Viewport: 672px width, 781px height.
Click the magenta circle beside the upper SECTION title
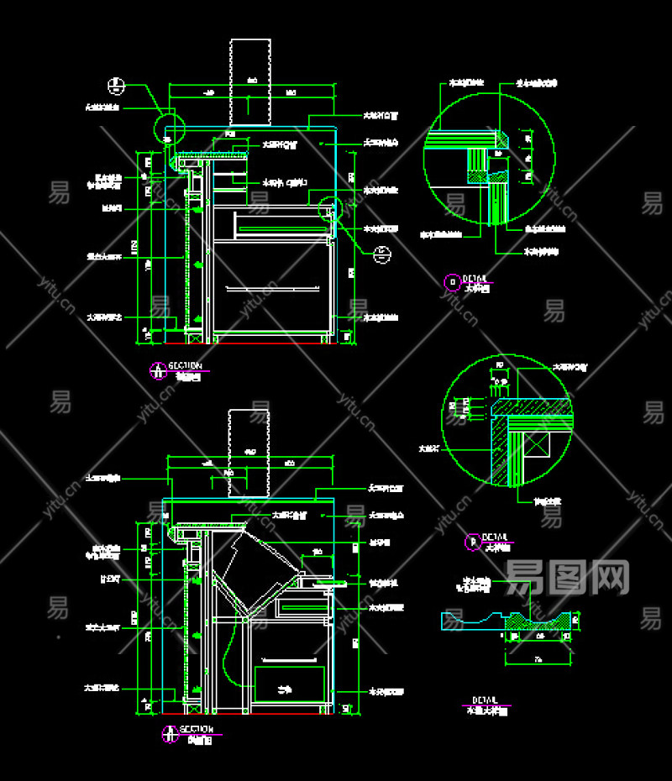tap(157, 370)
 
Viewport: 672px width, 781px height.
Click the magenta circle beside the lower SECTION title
tap(170, 733)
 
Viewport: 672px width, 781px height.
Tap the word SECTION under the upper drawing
tap(185, 365)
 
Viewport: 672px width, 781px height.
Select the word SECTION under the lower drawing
tap(197, 729)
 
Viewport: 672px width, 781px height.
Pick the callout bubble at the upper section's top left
tap(117, 85)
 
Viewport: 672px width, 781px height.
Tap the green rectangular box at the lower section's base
tap(290, 684)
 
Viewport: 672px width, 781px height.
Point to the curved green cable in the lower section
tap(228, 655)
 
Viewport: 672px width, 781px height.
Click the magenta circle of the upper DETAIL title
tap(452, 281)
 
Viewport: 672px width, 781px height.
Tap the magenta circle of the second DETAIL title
tap(472, 542)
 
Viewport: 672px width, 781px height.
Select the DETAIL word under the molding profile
tap(485, 700)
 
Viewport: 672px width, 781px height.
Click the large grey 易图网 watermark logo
tap(567, 577)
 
